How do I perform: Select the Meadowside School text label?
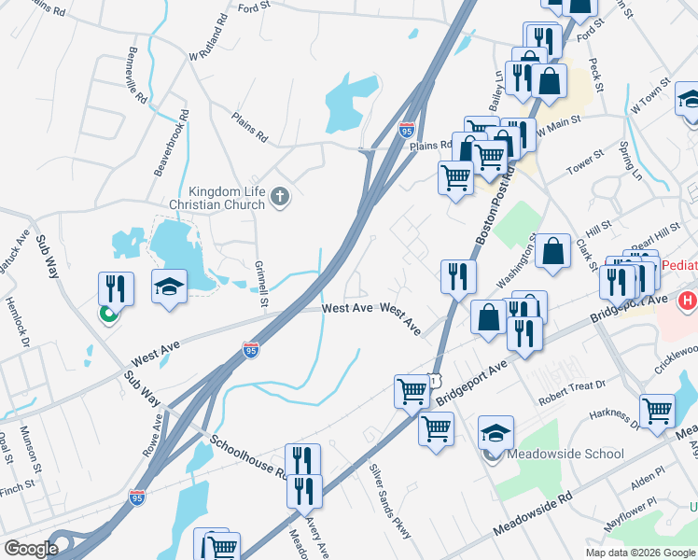point(565,454)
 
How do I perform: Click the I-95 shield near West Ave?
point(250,349)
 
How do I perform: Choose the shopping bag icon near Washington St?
point(552,251)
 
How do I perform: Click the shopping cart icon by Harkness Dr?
point(657,410)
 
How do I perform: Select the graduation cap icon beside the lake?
point(169,286)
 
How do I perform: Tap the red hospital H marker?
point(688,301)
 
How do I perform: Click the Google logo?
point(31,549)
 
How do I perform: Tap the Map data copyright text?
point(640,553)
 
